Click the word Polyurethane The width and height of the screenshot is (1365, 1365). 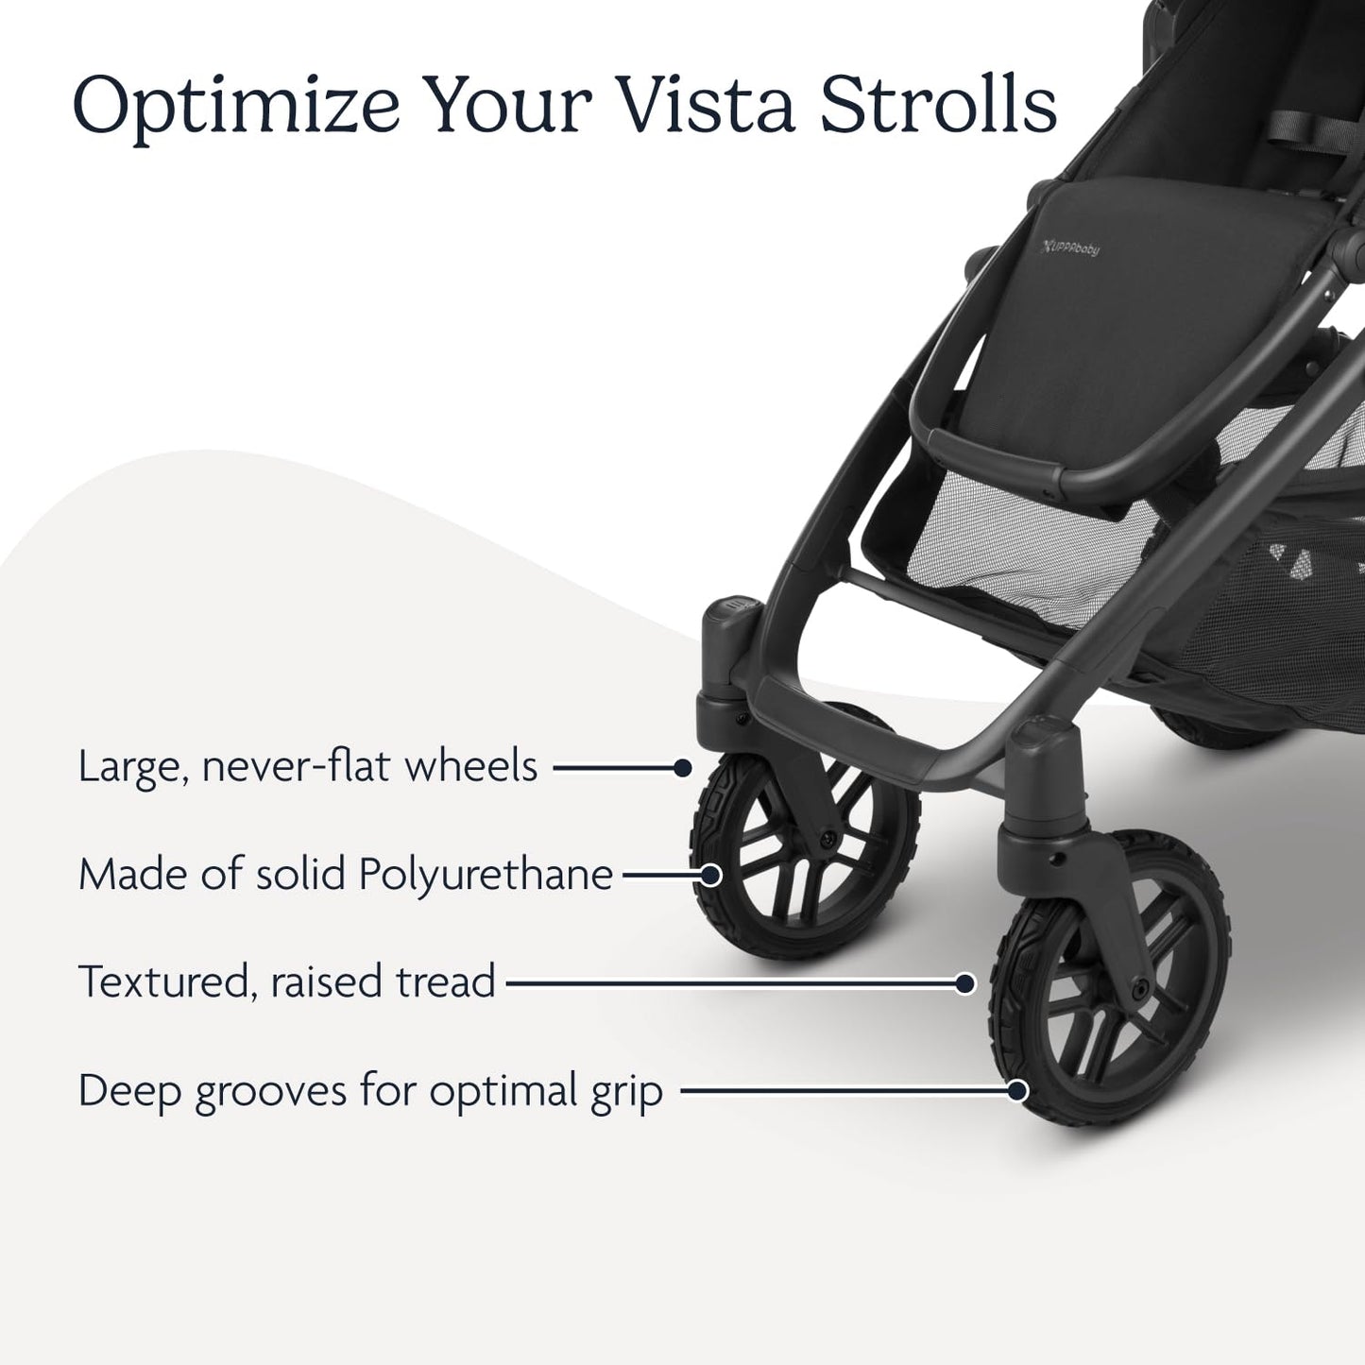[486, 876]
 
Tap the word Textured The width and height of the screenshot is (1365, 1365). [165, 982]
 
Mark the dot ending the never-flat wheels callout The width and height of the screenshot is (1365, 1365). [683, 768]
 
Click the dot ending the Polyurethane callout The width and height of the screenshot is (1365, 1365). [710, 876]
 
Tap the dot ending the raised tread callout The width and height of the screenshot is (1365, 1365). [964, 983]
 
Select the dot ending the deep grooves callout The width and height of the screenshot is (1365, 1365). [1016, 1091]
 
